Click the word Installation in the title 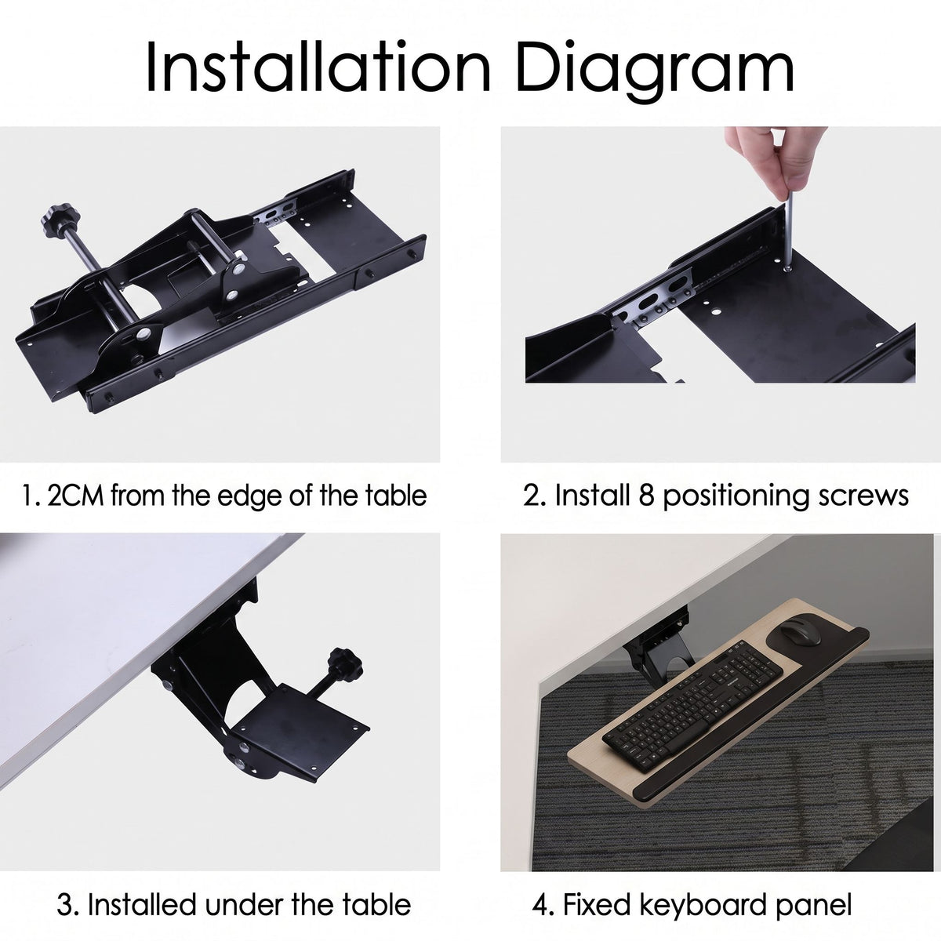pos(318,67)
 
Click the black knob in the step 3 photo pos(346,664)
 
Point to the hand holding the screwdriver pos(772,156)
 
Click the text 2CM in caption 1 pos(76,495)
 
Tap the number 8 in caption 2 pos(645,495)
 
